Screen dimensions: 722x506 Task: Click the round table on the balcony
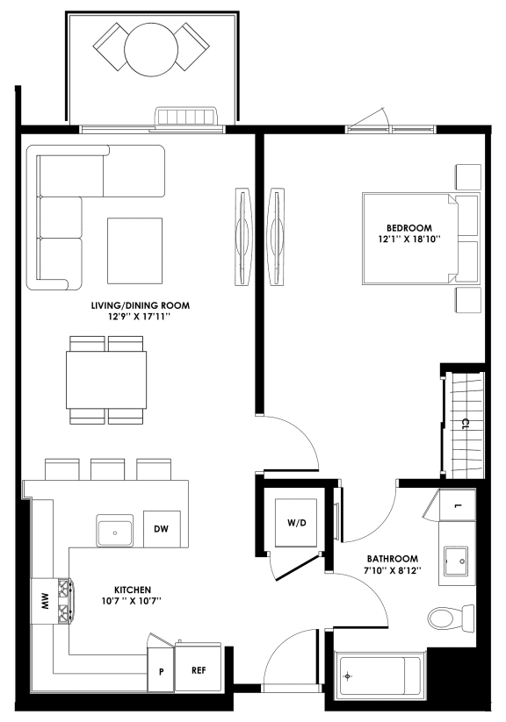(150, 45)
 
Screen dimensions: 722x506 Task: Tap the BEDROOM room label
(403, 226)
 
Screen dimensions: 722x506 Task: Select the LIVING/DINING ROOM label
(141, 305)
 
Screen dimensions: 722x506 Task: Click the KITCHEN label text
(133, 589)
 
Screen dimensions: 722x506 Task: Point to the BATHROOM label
(393, 558)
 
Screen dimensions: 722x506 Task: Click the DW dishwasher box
(161, 529)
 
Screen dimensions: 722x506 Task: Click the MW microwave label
(41, 601)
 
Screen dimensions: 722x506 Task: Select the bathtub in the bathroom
(379, 677)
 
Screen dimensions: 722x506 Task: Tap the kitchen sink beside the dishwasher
(114, 532)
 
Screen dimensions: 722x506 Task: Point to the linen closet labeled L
(459, 506)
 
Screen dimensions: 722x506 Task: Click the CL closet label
(465, 424)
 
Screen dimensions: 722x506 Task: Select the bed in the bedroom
(420, 238)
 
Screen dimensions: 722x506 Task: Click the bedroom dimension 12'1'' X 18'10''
(403, 238)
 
